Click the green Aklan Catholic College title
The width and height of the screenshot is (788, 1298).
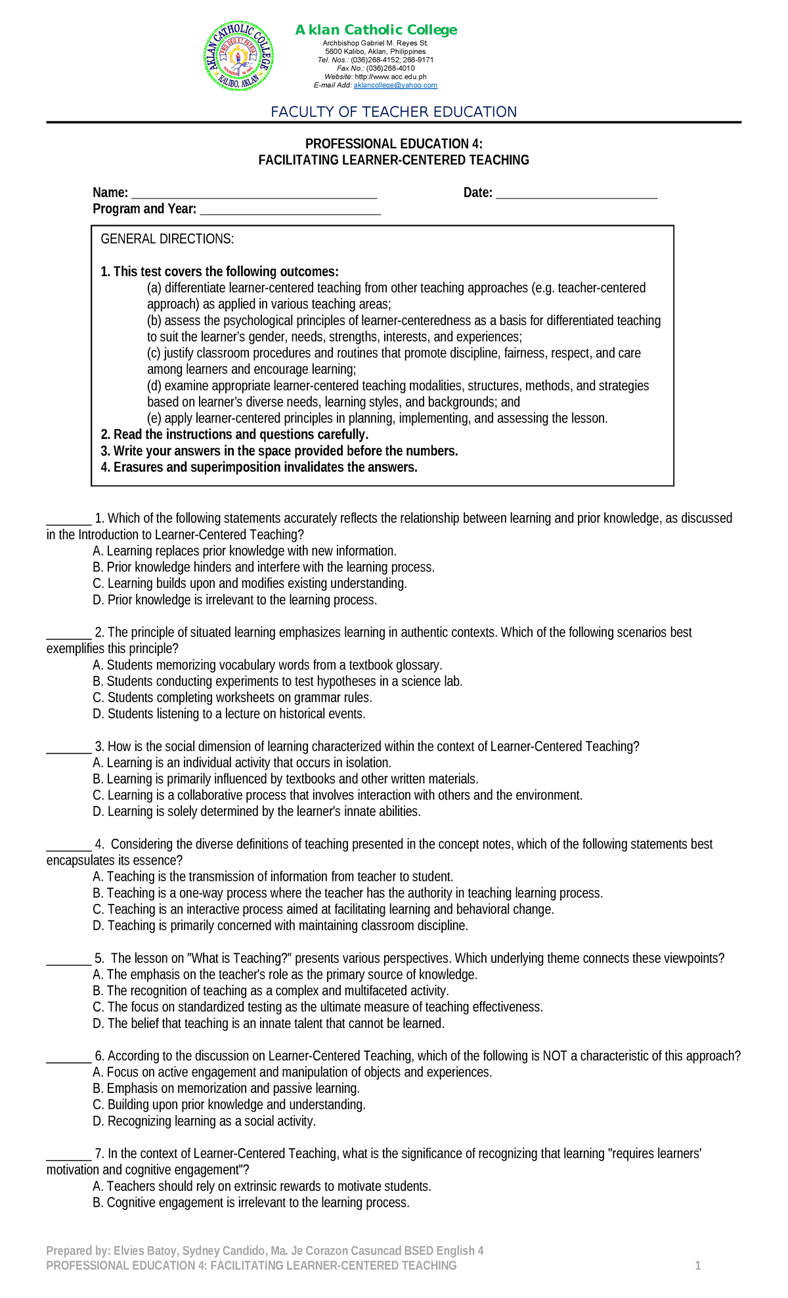[x=376, y=30]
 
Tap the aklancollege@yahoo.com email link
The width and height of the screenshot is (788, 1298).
[x=395, y=85]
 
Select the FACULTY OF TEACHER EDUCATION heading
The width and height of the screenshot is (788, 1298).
[x=394, y=112]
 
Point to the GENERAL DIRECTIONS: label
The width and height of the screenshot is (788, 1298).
[x=167, y=239]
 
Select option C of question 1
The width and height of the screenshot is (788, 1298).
[x=250, y=583]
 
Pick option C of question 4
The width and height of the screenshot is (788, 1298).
[x=324, y=909]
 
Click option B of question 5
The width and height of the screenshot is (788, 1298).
[x=271, y=991]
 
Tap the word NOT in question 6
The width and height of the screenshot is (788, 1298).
[x=554, y=1056]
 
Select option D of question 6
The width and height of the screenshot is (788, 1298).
[x=204, y=1121]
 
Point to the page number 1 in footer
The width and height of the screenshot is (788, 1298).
[x=698, y=1266]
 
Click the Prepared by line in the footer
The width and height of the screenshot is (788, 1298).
[x=265, y=1251]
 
